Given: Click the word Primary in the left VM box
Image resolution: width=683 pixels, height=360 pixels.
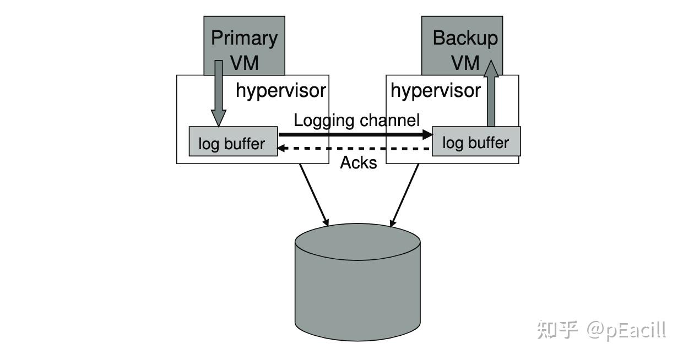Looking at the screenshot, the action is pyautogui.click(x=244, y=39).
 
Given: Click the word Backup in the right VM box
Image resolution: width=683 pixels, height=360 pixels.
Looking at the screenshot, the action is pyautogui.click(x=465, y=39).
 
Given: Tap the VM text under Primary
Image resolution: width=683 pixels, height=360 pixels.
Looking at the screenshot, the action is pyautogui.click(x=244, y=63).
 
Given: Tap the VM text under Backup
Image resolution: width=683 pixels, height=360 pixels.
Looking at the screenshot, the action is pyautogui.click(x=465, y=63).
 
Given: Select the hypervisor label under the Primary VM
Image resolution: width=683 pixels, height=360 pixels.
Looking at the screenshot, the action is pyautogui.click(x=281, y=91).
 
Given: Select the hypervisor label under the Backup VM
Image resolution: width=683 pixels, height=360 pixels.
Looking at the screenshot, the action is pyautogui.click(x=436, y=91).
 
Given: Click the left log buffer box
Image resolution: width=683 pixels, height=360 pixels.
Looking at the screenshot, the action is pyautogui.click(x=233, y=141).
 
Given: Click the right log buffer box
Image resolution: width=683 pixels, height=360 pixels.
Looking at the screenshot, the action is pyautogui.click(x=476, y=141).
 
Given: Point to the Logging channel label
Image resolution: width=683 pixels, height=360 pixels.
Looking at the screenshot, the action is pyautogui.click(x=357, y=121).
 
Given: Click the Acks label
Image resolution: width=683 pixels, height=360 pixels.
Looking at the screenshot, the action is pyautogui.click(x=359, y=162).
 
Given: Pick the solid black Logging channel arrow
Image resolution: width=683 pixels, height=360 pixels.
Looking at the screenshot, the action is pyautogui.click(x=355, y=134).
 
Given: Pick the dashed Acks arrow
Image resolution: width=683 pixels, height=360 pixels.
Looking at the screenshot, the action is pyautogui.click(x=353, y=149).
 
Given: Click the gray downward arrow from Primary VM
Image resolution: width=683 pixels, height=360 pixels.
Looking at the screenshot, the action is pyautogui.click(x=219, y=93).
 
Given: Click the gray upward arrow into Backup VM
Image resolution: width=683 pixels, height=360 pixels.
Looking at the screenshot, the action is pyautogui.click(x=491, y=93).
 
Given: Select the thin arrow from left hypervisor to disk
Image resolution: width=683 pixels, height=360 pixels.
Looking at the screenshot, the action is pyautogui.click(x=314, y=195).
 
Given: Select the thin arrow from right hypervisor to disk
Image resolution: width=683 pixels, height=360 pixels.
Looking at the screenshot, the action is pyautogui.click(x=404, y=195).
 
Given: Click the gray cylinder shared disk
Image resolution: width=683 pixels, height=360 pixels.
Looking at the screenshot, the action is pyautogui.click(x=357, y=282).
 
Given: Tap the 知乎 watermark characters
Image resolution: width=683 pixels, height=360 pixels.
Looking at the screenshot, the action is pyautogui.click(x=557, y=330).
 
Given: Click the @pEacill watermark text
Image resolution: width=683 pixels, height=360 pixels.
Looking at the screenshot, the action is pyautogui.click(x=626, y=330).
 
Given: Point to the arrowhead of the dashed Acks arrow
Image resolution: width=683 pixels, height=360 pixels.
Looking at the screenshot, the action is pyautogui.click(x=280, y=149).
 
